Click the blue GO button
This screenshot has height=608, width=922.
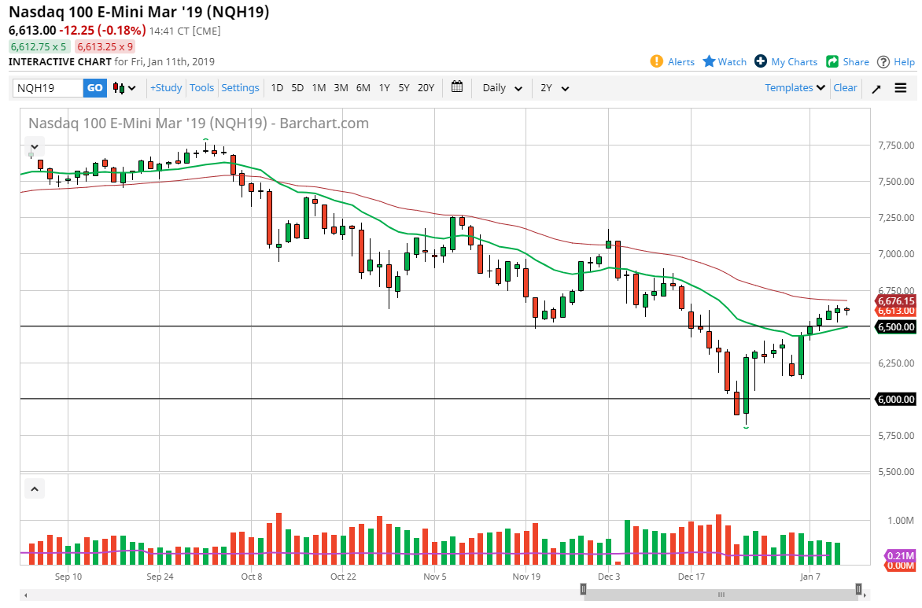pos(94,88)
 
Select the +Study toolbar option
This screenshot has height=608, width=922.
pos(166,88)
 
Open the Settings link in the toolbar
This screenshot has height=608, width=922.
pos(240,88)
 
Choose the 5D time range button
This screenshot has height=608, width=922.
pos(297,88)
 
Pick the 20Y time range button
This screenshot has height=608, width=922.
pos(426,88)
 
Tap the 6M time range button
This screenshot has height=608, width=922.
pos(363,88)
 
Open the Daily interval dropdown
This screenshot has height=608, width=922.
pos(502,88)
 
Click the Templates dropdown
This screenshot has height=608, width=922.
pos(795,88)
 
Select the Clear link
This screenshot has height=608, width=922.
pos(845,88)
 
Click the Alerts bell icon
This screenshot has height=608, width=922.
pos(657,61)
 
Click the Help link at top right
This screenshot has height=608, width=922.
pos(896,61)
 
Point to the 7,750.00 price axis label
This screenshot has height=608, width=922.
pos(897,146)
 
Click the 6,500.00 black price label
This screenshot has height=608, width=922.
pos(896,326)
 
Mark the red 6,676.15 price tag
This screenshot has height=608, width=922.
pos(896,300)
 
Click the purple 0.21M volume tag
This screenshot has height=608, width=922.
pos(899,555)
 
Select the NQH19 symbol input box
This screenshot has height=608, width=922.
pos(48,88)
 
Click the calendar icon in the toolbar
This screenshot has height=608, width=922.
pos(457,88)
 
